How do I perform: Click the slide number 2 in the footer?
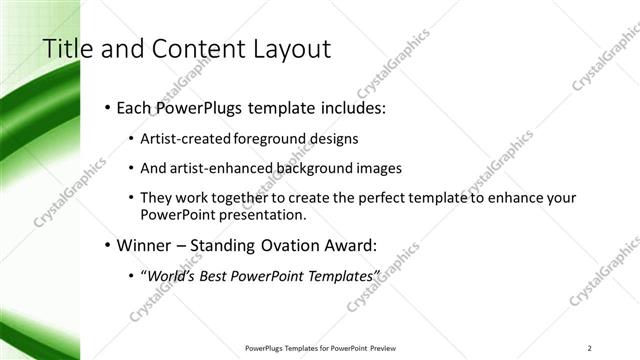click(x=590, y=347)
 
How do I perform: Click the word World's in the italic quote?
click(x=170, y=276)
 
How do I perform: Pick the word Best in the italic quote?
click(x=215, y=276)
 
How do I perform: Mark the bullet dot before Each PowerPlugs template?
click(x=108, y=107)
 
